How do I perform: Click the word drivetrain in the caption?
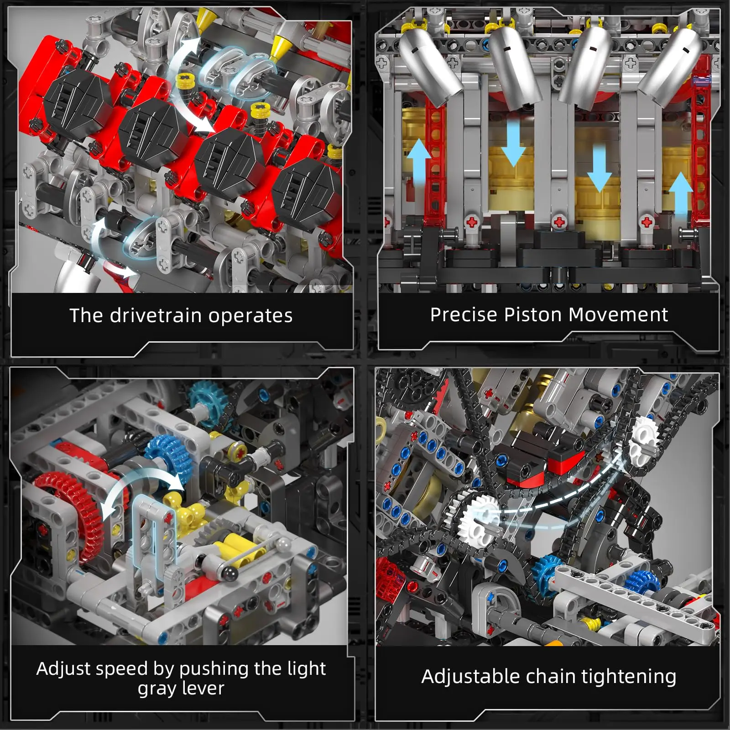[x=156, y=315]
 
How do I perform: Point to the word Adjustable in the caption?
[x=470, y=676]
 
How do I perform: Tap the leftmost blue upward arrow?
[x=418, y=164]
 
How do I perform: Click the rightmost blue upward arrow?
[x=680, y=194]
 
